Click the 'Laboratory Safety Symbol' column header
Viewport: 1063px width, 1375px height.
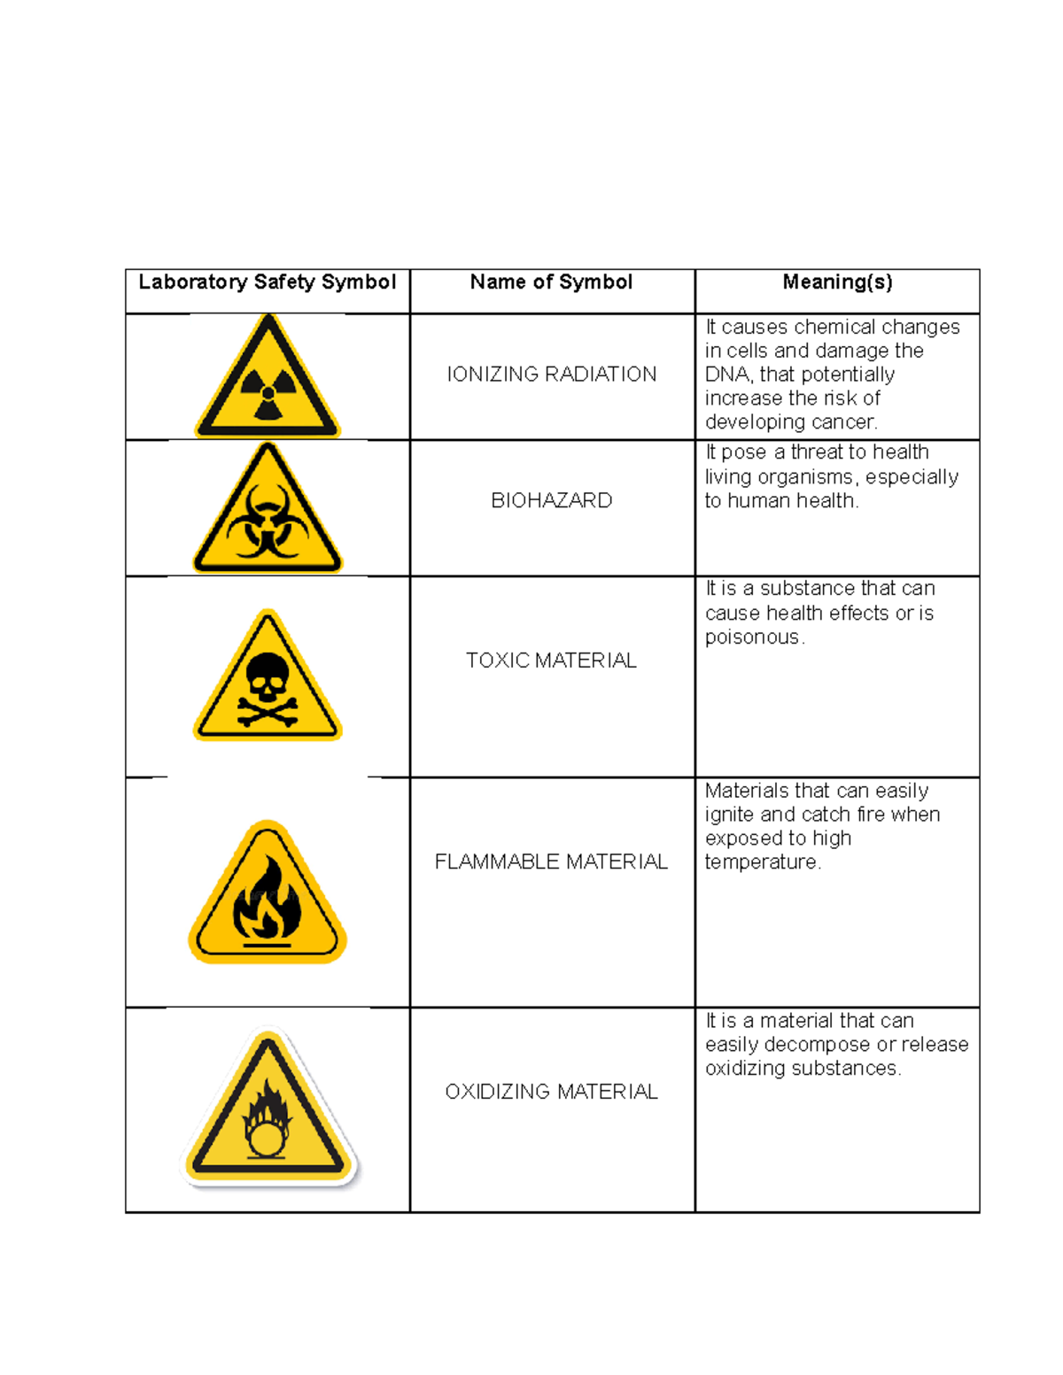[267, 282]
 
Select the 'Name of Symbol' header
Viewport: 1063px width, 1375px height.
[551, 282]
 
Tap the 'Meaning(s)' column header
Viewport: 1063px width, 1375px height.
[837, 282]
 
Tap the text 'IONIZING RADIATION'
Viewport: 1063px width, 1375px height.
[551, 375]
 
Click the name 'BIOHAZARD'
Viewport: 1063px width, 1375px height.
[551, 501]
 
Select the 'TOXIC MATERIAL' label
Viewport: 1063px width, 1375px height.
[551, 660]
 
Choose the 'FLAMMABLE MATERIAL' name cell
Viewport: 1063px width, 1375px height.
[551, 862]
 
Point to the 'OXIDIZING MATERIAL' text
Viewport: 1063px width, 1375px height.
[551, 1092]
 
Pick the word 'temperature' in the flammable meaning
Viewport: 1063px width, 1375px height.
[761, 862]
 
